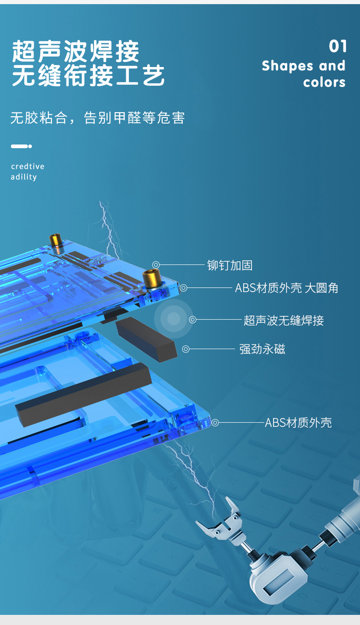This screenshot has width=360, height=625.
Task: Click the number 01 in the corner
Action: click(338, 46)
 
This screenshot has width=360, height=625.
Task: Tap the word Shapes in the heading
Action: click(288, 66)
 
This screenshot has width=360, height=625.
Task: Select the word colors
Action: click(324, 83)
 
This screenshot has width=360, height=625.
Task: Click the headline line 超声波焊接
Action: click(76, 51)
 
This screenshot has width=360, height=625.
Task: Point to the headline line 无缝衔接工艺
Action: click(88, 75)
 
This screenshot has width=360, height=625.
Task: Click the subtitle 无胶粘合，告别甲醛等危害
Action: click(98, 118)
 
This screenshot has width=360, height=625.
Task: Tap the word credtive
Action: click(27, 166)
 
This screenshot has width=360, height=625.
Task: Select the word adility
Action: click(24, 177)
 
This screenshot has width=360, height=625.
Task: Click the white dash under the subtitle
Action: click(21, 146)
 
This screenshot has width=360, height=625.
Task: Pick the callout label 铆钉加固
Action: click(230, 265)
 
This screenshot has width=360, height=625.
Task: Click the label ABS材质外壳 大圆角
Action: click(286, 288)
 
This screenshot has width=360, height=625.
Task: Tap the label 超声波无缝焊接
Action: click(283, 320)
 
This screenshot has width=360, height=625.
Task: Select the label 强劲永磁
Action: click(262, 349)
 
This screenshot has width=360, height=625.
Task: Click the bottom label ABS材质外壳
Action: click(298, 423)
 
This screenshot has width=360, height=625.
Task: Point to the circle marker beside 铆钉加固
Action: click(156, 265)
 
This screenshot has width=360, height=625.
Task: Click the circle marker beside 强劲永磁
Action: click(185, 349)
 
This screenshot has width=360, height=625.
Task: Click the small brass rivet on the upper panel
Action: click(56, 242)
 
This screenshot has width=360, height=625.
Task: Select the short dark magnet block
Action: click(146, 337)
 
